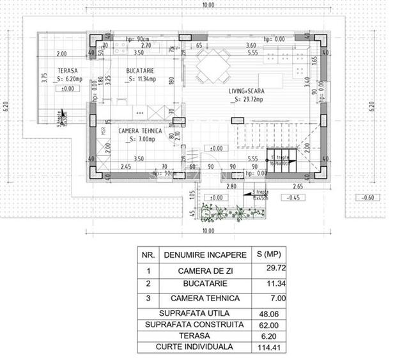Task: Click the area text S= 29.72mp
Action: (x=248, y=100)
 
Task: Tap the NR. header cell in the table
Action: (x=148, y=254)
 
